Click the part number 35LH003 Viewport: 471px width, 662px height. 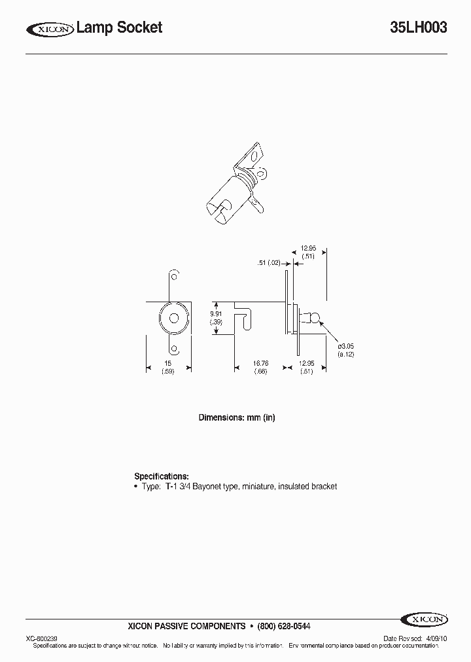pos(418,27)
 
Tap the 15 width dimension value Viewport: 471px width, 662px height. pos(167,363)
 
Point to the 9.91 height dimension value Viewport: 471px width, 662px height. pos(217,313)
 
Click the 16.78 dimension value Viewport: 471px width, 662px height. pos(260,363)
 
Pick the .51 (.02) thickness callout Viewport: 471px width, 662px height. pos(269,263)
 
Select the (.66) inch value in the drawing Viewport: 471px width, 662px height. pos(260,372)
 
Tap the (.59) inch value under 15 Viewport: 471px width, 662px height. pos(167,372)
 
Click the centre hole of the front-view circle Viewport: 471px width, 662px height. pos(174,319)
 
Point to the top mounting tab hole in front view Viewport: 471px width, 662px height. pos(174,275)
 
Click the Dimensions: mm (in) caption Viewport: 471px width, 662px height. pos(236,417)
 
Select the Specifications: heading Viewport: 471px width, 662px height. pos(162,476)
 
